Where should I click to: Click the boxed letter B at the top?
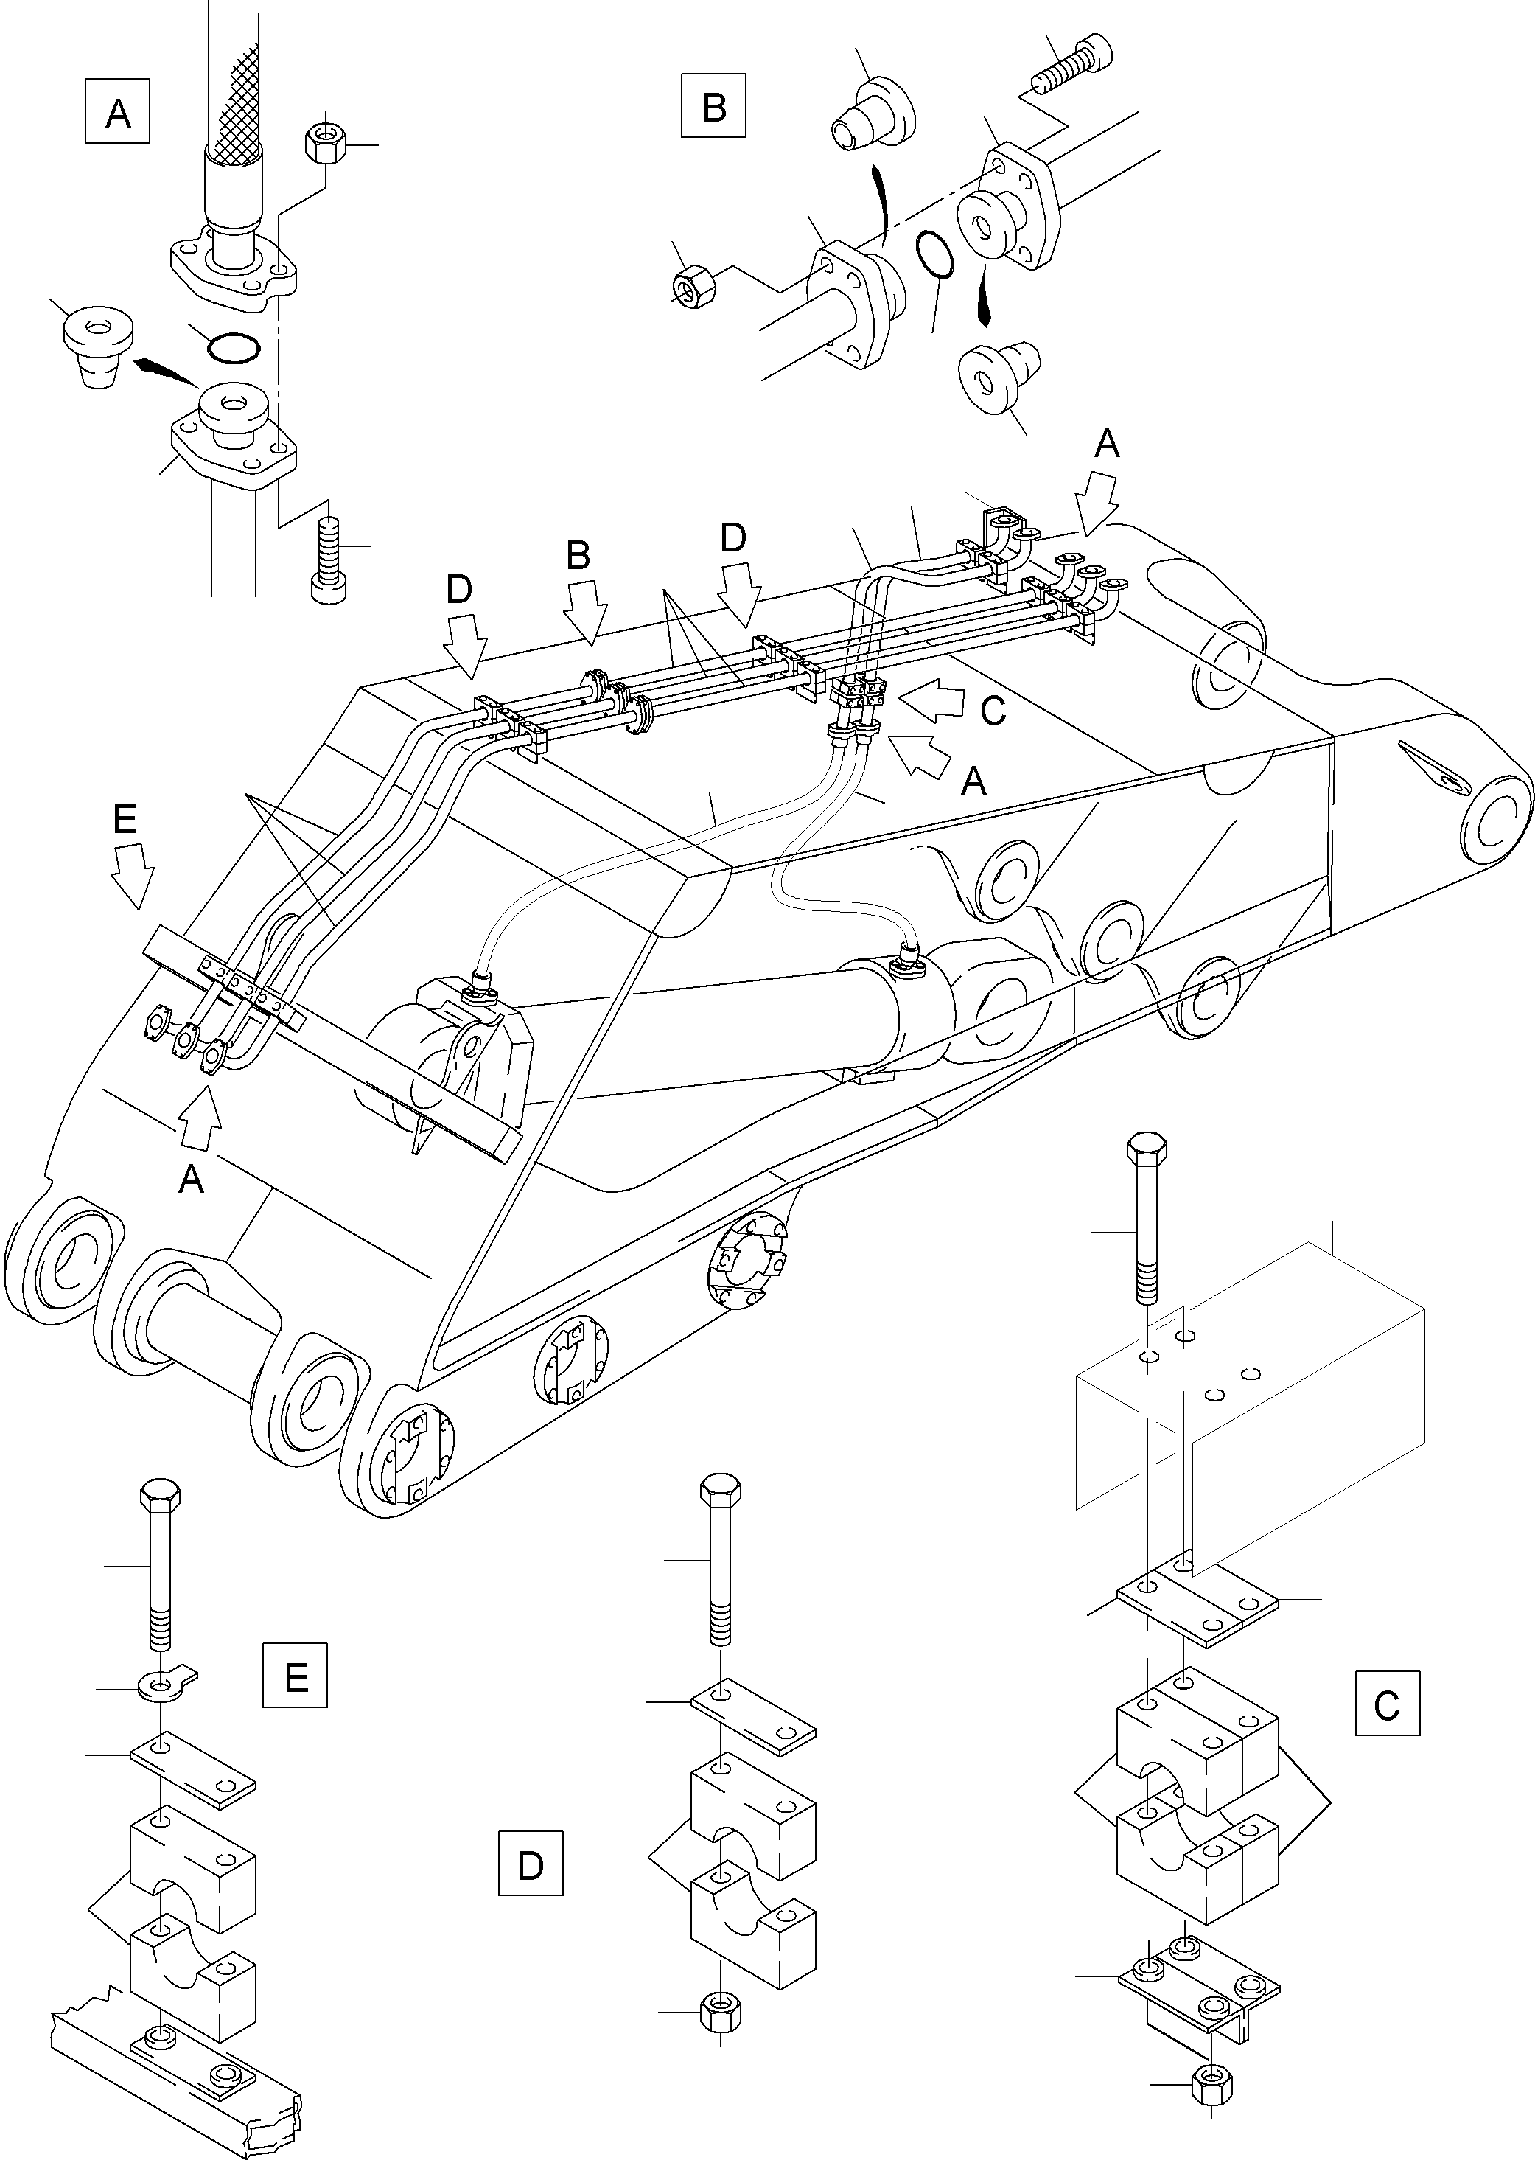click(x=713, y=106)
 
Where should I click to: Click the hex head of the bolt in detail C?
click(x=1146, y=1148)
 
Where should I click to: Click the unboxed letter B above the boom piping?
click(x=578, y=556)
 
